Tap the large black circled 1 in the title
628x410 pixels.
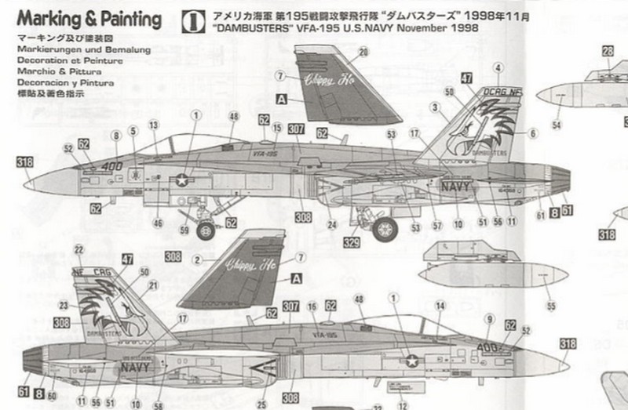(188, 18)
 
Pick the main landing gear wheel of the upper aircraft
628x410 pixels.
(384, 229)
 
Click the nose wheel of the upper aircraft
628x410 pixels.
(206, 230)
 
